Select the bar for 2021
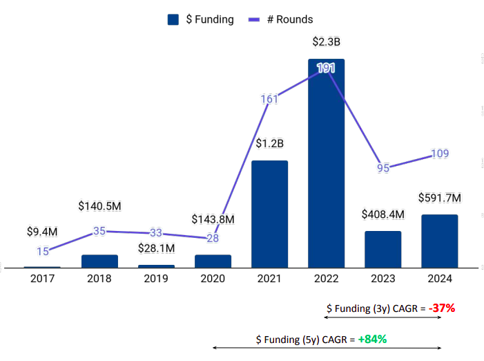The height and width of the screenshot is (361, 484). [269, 214]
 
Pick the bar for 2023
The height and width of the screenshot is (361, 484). [383, 249]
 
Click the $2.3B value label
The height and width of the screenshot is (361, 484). [326, 42]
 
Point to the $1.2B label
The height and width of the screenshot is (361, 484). [269, 144]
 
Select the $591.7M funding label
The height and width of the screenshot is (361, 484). [439, 198]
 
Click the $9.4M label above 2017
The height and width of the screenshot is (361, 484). [42, 232]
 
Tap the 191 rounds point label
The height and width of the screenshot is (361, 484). [326, 68]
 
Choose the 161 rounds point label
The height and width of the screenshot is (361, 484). [269, 99]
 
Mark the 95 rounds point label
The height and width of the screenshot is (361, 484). [383, 167]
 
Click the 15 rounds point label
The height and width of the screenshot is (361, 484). [42, 252]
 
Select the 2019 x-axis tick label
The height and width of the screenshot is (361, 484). [156, 280]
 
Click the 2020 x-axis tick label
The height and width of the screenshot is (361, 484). [213, 280]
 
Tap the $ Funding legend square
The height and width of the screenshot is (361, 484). [173, 19]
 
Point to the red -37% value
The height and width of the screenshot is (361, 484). [441, 308]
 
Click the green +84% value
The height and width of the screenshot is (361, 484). [372, 339]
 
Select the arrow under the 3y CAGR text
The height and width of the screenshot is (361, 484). [383, 319]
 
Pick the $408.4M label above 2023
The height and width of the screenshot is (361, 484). [383, 214]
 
